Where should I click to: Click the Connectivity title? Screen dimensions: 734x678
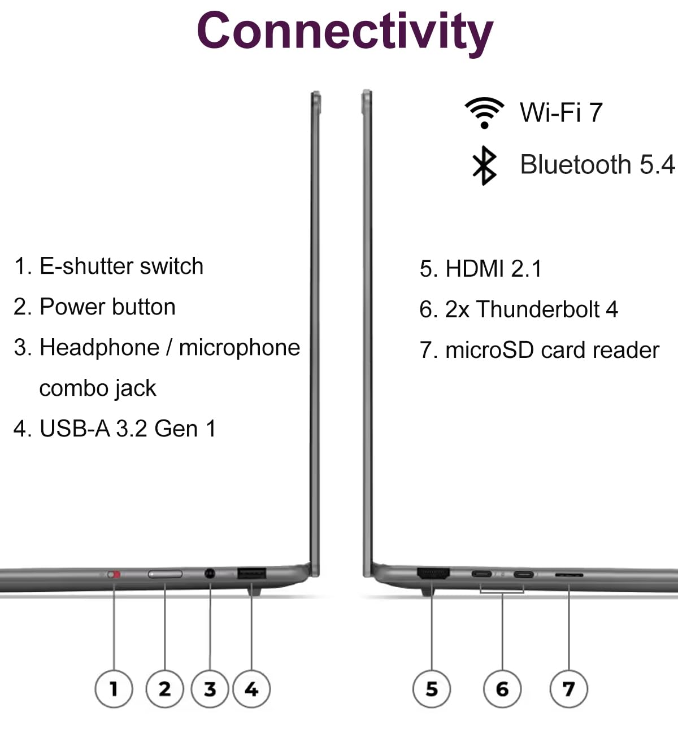coord(345,32)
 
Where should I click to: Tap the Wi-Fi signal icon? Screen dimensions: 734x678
coord(484,112)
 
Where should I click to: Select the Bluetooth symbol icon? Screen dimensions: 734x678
coord(484,165)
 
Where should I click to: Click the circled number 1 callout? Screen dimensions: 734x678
coord(114,689)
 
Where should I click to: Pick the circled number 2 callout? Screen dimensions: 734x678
coord(164,689)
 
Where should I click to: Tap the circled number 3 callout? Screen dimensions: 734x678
coord(210,689)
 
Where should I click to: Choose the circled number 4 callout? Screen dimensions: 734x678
coord(251,689)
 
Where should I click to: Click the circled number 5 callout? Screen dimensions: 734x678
coord(432,689)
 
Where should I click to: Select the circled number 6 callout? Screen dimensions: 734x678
coord(502,689)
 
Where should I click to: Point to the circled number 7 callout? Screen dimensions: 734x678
coord(569,689)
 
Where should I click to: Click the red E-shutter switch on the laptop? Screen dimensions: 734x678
coord(115,575)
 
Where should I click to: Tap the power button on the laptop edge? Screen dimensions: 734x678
coord(165,575)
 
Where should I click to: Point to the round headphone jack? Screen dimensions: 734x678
coord(210,574)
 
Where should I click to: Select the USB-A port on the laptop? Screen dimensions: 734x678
coord(251,574)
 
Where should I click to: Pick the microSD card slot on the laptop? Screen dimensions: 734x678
coord(569,575)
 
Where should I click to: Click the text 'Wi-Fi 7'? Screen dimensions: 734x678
coord(561,112)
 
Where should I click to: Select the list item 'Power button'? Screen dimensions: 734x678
coord(107,307)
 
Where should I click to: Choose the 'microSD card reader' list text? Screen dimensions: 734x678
coord(552,350)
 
